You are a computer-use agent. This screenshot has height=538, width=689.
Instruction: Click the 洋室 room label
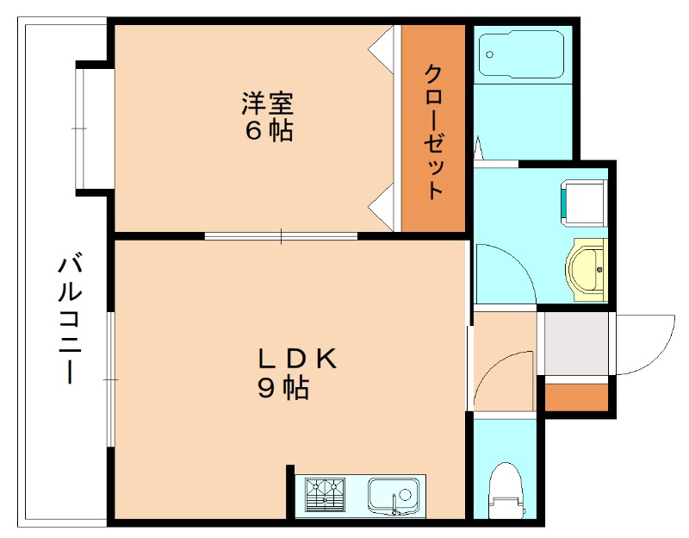pos(267,103)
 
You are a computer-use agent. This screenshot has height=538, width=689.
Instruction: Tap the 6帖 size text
pos(268,131)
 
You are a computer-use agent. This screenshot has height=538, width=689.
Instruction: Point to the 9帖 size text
pos(283,389)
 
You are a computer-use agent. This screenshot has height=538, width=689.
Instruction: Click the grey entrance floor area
pos(575,343)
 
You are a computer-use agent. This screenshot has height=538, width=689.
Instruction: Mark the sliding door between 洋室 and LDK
pos(281,235)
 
